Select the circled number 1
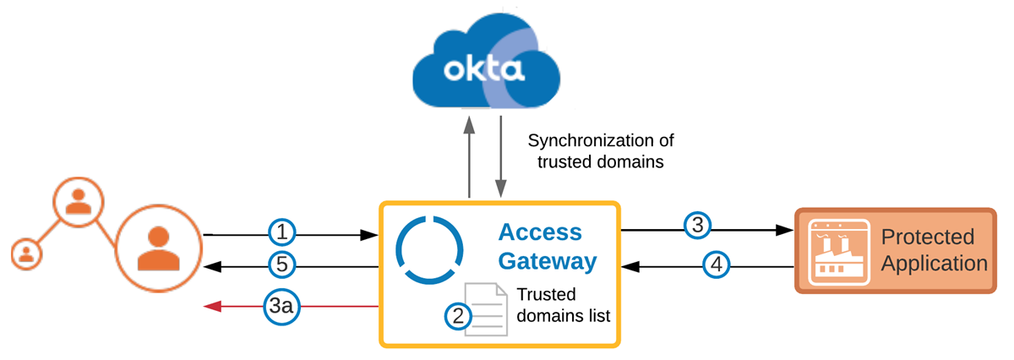click(283, 230)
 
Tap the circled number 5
click(283, 265)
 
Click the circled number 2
click(457, 316)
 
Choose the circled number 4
click(717, 265)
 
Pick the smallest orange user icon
click(26, 253)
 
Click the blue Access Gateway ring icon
click(429, 251)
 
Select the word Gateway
click(547, 261)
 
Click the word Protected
click(927, 237)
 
